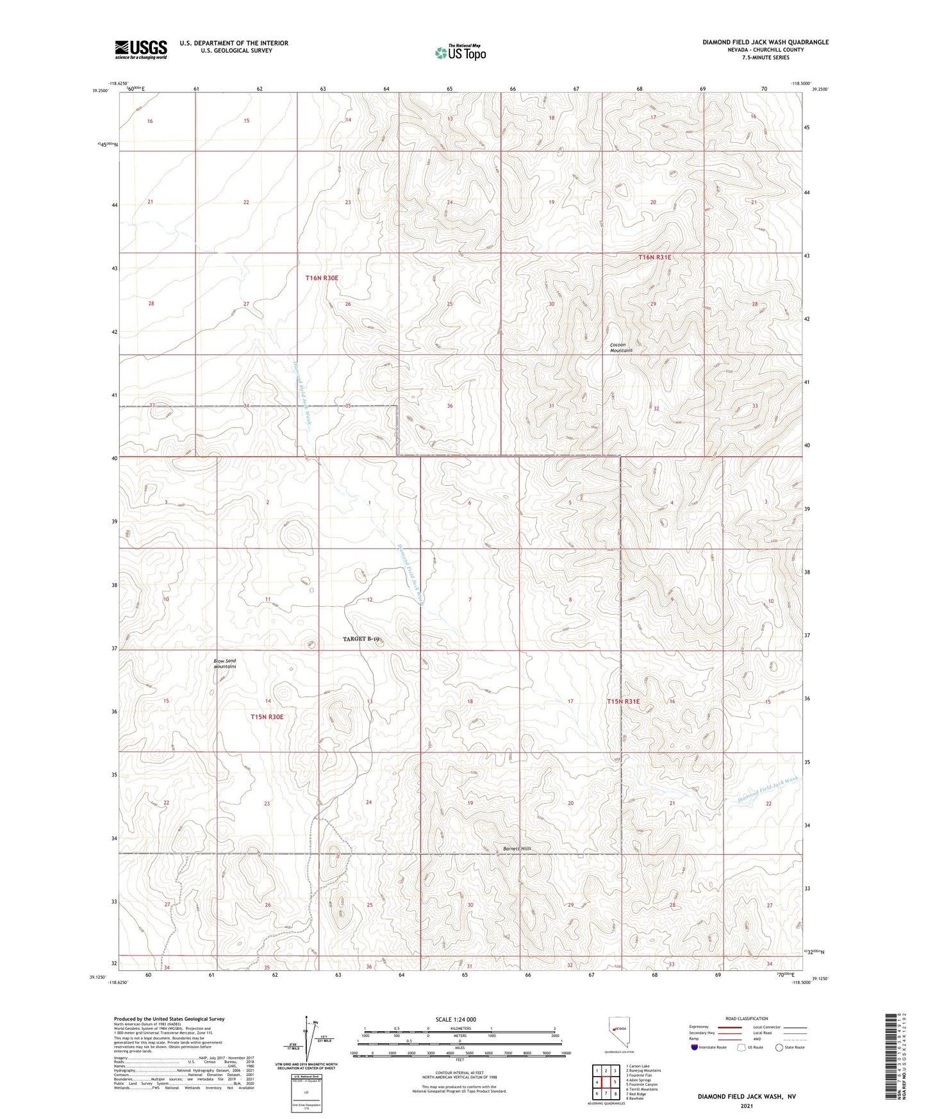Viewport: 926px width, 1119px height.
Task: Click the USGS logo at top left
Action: click(141, 49)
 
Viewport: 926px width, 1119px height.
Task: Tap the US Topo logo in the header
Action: click(459, 53)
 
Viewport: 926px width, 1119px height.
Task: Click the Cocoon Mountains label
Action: click(620, 347)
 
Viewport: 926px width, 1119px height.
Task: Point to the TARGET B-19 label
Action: click(361, 639)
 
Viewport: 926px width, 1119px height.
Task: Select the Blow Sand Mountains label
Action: click(225, 663)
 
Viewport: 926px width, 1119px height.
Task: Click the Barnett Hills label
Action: click(517, 849)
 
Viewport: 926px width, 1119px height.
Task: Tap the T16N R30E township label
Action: click(322, 278)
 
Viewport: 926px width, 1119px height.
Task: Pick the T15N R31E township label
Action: click(624, 702)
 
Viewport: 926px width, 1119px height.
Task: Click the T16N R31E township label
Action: click(654, 257)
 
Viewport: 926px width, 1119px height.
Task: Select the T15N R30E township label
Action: click(267, 717)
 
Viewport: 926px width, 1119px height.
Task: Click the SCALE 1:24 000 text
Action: click(456, 1020)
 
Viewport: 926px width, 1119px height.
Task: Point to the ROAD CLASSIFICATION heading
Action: click(747, 1018)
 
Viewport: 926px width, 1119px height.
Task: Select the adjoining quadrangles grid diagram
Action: click(605, 1084)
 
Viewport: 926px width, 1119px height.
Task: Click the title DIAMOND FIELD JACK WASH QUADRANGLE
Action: click(765, 42)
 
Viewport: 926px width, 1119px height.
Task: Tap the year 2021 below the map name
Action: click(745, 1106)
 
